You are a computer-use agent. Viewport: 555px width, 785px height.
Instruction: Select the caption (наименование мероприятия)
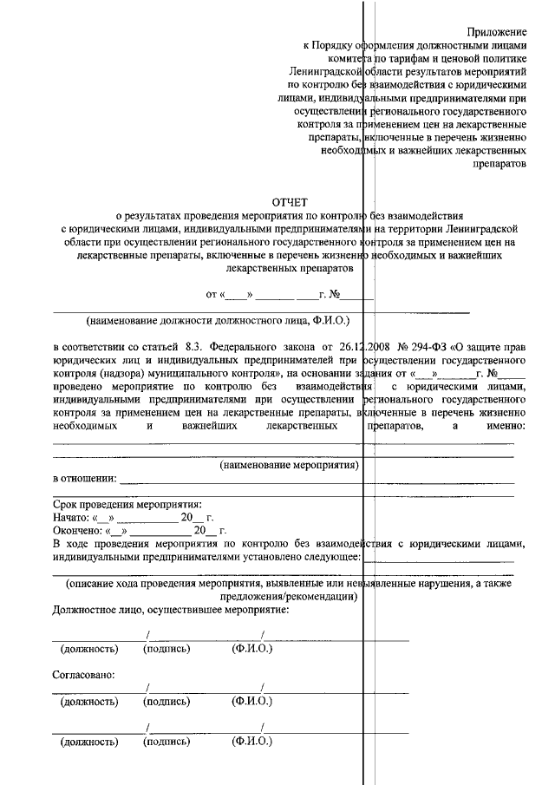tap(290, 465)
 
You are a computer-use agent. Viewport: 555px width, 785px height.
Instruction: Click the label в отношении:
tap(84, 479)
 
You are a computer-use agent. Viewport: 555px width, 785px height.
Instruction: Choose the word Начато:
tap(72, 517)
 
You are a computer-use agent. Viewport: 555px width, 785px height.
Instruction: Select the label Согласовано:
tap(84, 673)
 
